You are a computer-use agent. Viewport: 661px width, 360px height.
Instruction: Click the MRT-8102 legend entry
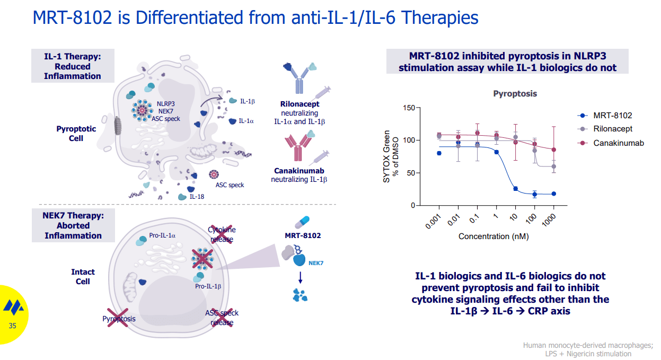pyautogui.click(x=612, y=115)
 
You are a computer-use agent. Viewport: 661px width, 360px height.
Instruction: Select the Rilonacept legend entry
pyautogui.click(x=612, y=129)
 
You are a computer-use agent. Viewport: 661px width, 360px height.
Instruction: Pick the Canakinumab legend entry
pyautogui.click(x=618, y=143)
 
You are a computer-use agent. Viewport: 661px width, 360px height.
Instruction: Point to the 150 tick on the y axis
pyautogui.click(x=409, y=108)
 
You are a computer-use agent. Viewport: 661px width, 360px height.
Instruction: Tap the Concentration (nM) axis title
pyautogui.click(x=493, y=236)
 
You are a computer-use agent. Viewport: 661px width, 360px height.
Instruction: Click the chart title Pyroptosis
pyautogui.click(x=515, y=94)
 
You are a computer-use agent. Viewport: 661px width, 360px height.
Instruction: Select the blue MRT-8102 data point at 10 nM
pyautogui.click(x=515, y=189)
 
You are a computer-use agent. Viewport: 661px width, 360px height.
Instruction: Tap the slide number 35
pyautogui.click(x=13, y=326)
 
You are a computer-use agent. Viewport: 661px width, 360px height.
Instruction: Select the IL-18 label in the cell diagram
pyautogui.click(x=197, y=196)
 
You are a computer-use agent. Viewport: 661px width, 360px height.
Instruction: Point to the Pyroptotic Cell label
pyautogui.click(x=76, y=134)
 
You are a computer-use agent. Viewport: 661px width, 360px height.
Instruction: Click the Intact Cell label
pyautogui.click(x=83, y=277)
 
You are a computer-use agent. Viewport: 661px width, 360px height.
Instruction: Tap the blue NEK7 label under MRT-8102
pyautogui.click(x=316, y=262)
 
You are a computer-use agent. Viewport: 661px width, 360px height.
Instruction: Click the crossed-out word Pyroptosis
pyautogui.click(x=119, y=319)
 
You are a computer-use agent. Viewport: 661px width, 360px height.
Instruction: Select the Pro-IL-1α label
pyautogui.click(x=163, y=235)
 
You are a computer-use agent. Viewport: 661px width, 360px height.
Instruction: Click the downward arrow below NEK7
pyautogui.click(x=300, y=278)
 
